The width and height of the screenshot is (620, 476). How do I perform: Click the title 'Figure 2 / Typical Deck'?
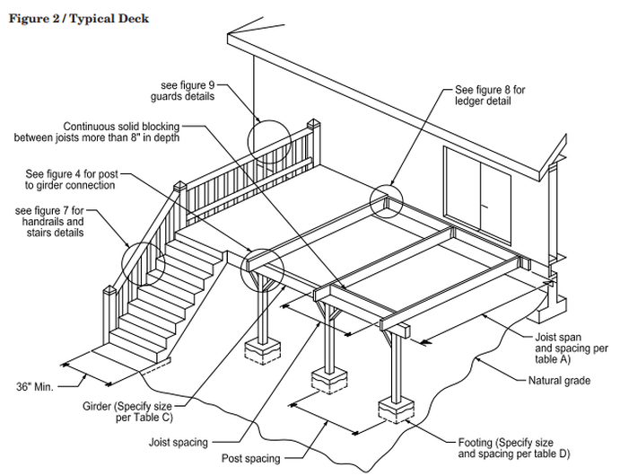coord(78,18)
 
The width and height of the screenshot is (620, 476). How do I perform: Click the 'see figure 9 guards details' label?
coord(188,91)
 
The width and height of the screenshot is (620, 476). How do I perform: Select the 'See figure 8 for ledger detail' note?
coord(489,96)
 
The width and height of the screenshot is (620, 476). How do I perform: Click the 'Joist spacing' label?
coord(180,442)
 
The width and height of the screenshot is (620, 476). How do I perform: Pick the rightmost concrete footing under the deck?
coord(397,409)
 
